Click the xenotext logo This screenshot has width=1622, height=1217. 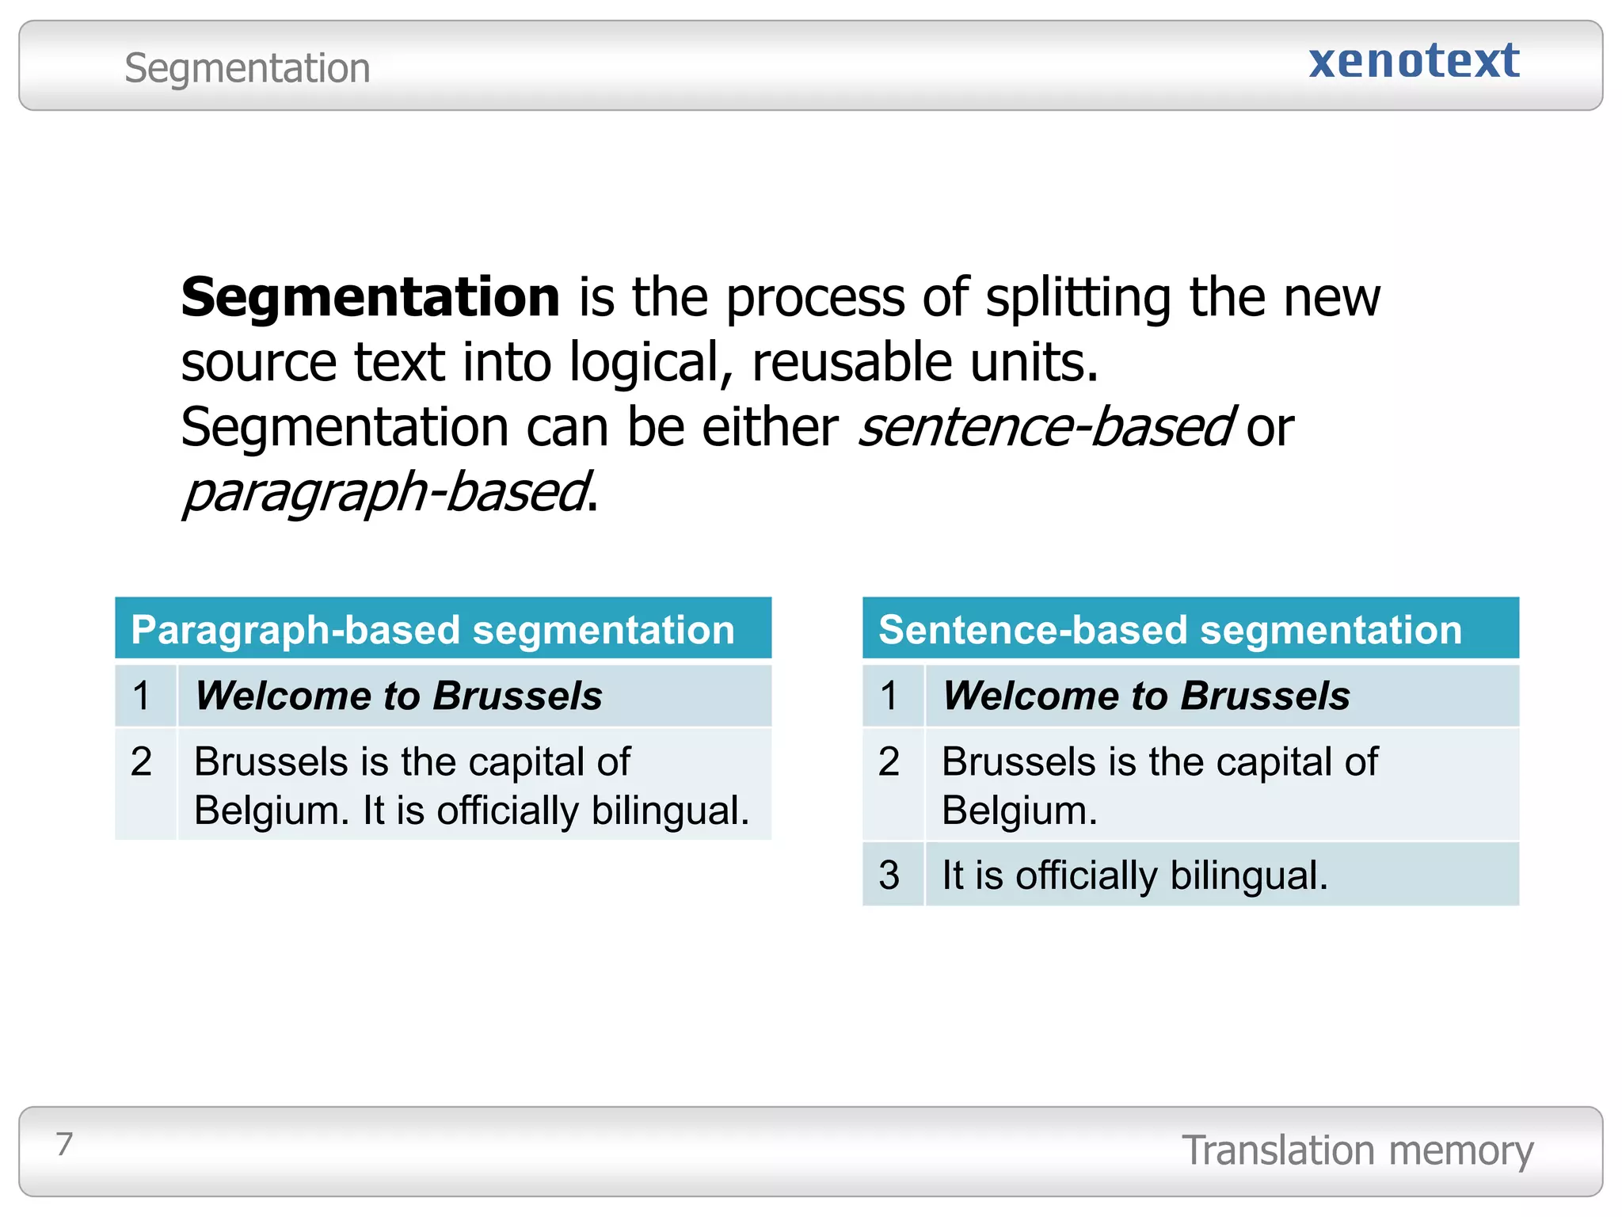point(1414,62)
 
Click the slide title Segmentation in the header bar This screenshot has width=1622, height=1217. point(247,68)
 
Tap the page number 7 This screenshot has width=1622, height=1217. point(64,1144)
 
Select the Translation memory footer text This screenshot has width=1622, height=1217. point(1357,1150)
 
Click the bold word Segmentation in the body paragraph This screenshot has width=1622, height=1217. point(371,298)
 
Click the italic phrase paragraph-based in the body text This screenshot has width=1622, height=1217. point(386,493)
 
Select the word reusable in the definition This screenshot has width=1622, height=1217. point(852,363)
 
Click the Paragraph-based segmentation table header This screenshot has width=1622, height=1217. point(433,630)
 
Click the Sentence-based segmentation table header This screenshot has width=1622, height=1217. point(1170,630)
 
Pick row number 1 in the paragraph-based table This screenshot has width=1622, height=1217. point(142,696)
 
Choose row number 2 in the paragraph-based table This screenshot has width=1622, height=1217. point(142,761)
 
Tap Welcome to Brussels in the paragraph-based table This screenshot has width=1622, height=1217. point(398,696)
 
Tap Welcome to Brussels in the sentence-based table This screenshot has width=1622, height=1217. point(1146,696)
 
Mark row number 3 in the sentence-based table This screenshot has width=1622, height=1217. point(889,876)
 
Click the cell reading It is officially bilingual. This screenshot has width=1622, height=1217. point(1134,876)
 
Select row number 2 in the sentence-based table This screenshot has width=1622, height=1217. point(889,761)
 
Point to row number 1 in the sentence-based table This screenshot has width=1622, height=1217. point(889,696)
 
